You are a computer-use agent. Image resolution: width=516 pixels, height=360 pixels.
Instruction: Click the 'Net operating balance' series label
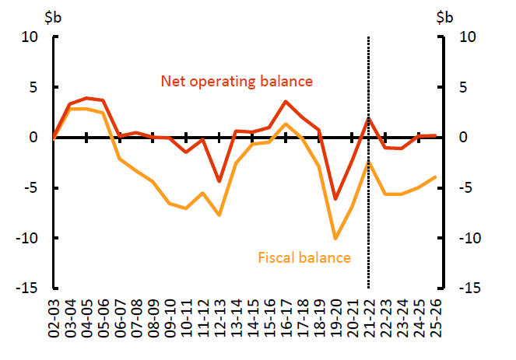[x=236, y=81]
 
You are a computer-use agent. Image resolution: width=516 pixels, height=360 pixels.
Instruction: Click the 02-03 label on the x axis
[x=53, y=320]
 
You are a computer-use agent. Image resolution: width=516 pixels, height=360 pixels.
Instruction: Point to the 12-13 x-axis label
[x=219, y=320]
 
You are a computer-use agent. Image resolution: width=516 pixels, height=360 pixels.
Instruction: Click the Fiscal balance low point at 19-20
[x=335, y=238]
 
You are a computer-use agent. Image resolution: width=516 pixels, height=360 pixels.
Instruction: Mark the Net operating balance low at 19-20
[x=335, y=199]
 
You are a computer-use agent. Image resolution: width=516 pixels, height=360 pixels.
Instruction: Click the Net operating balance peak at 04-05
[x=86, y=98]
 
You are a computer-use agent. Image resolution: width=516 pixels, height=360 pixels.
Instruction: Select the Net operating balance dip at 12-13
[x=219, y=181]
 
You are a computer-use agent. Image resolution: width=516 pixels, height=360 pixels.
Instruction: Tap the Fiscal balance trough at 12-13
[x=219, y=215]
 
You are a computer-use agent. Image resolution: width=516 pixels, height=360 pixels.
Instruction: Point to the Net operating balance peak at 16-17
[x=286, y=101]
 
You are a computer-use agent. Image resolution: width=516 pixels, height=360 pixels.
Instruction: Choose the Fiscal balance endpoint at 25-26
[x=435, y=177]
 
